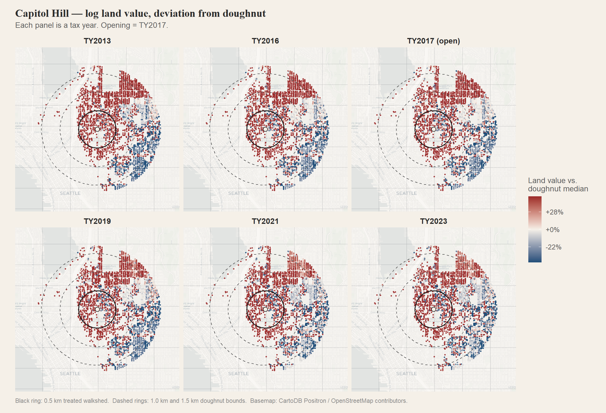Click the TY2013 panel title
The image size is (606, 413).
tap(97, 41)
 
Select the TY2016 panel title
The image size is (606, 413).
tap(265, 41)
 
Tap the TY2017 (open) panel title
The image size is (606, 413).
tap(434, 41)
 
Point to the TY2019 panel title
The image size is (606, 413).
tap(97, 221)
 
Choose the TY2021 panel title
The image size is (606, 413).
tap(265, 221)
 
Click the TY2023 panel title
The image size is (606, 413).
tap(434, 221)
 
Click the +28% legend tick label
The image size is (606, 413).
tap(554, 212)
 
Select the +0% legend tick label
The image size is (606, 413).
tap(552, 230)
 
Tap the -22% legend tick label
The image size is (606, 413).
tap(553, 247)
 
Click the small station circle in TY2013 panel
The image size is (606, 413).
tap(97, 129)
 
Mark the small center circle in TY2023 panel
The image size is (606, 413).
tap(434, 309)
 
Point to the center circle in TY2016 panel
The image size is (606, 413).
tap(265, 129)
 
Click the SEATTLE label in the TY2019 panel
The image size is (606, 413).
tap(70, 374)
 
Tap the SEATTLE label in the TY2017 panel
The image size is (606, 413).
tap(406, 193)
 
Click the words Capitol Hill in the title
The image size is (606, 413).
tap(42, 13)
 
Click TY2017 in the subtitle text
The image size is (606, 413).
tap(152, 25)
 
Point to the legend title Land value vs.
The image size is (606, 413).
tap(552, 181)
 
